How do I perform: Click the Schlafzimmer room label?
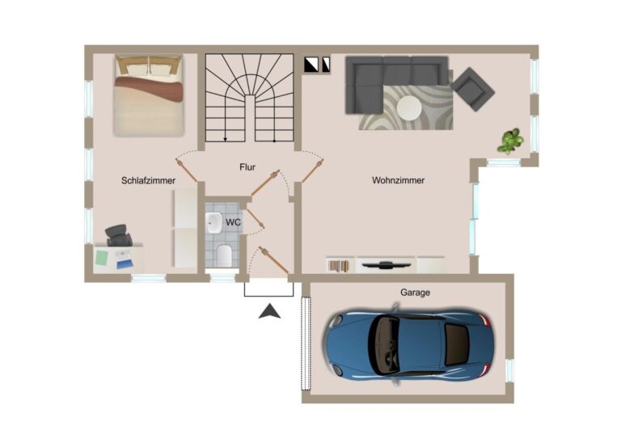148,180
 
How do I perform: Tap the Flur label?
247,167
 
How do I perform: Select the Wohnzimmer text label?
398,180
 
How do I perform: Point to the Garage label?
415,293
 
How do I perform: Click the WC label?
233,222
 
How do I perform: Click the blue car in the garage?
408,343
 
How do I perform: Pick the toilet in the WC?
224,255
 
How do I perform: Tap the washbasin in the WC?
213,223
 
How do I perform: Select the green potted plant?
510,141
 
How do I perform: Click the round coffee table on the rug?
409,108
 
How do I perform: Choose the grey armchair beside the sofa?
472,89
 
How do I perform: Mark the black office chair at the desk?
118,235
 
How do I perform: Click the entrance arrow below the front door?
270,311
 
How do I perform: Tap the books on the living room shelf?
339,266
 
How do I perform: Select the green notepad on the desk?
102,258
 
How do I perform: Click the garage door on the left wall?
306,343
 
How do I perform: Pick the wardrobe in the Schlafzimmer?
185,229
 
